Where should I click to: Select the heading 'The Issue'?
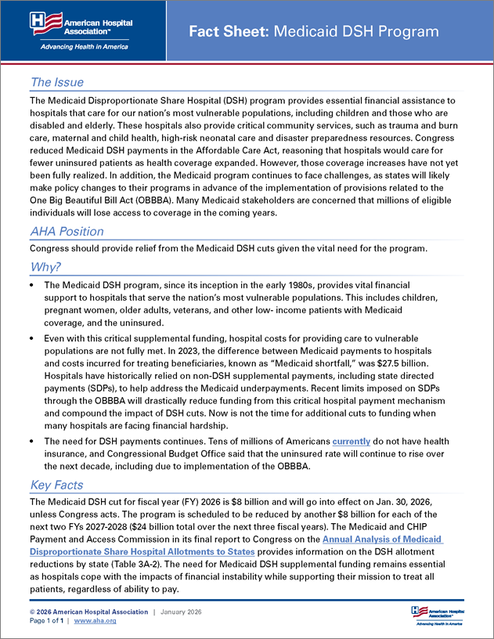[56, 82]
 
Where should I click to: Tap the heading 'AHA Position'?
[67, 231]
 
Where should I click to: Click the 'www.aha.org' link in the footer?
[95, 621]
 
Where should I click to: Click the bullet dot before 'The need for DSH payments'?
[32, 442]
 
